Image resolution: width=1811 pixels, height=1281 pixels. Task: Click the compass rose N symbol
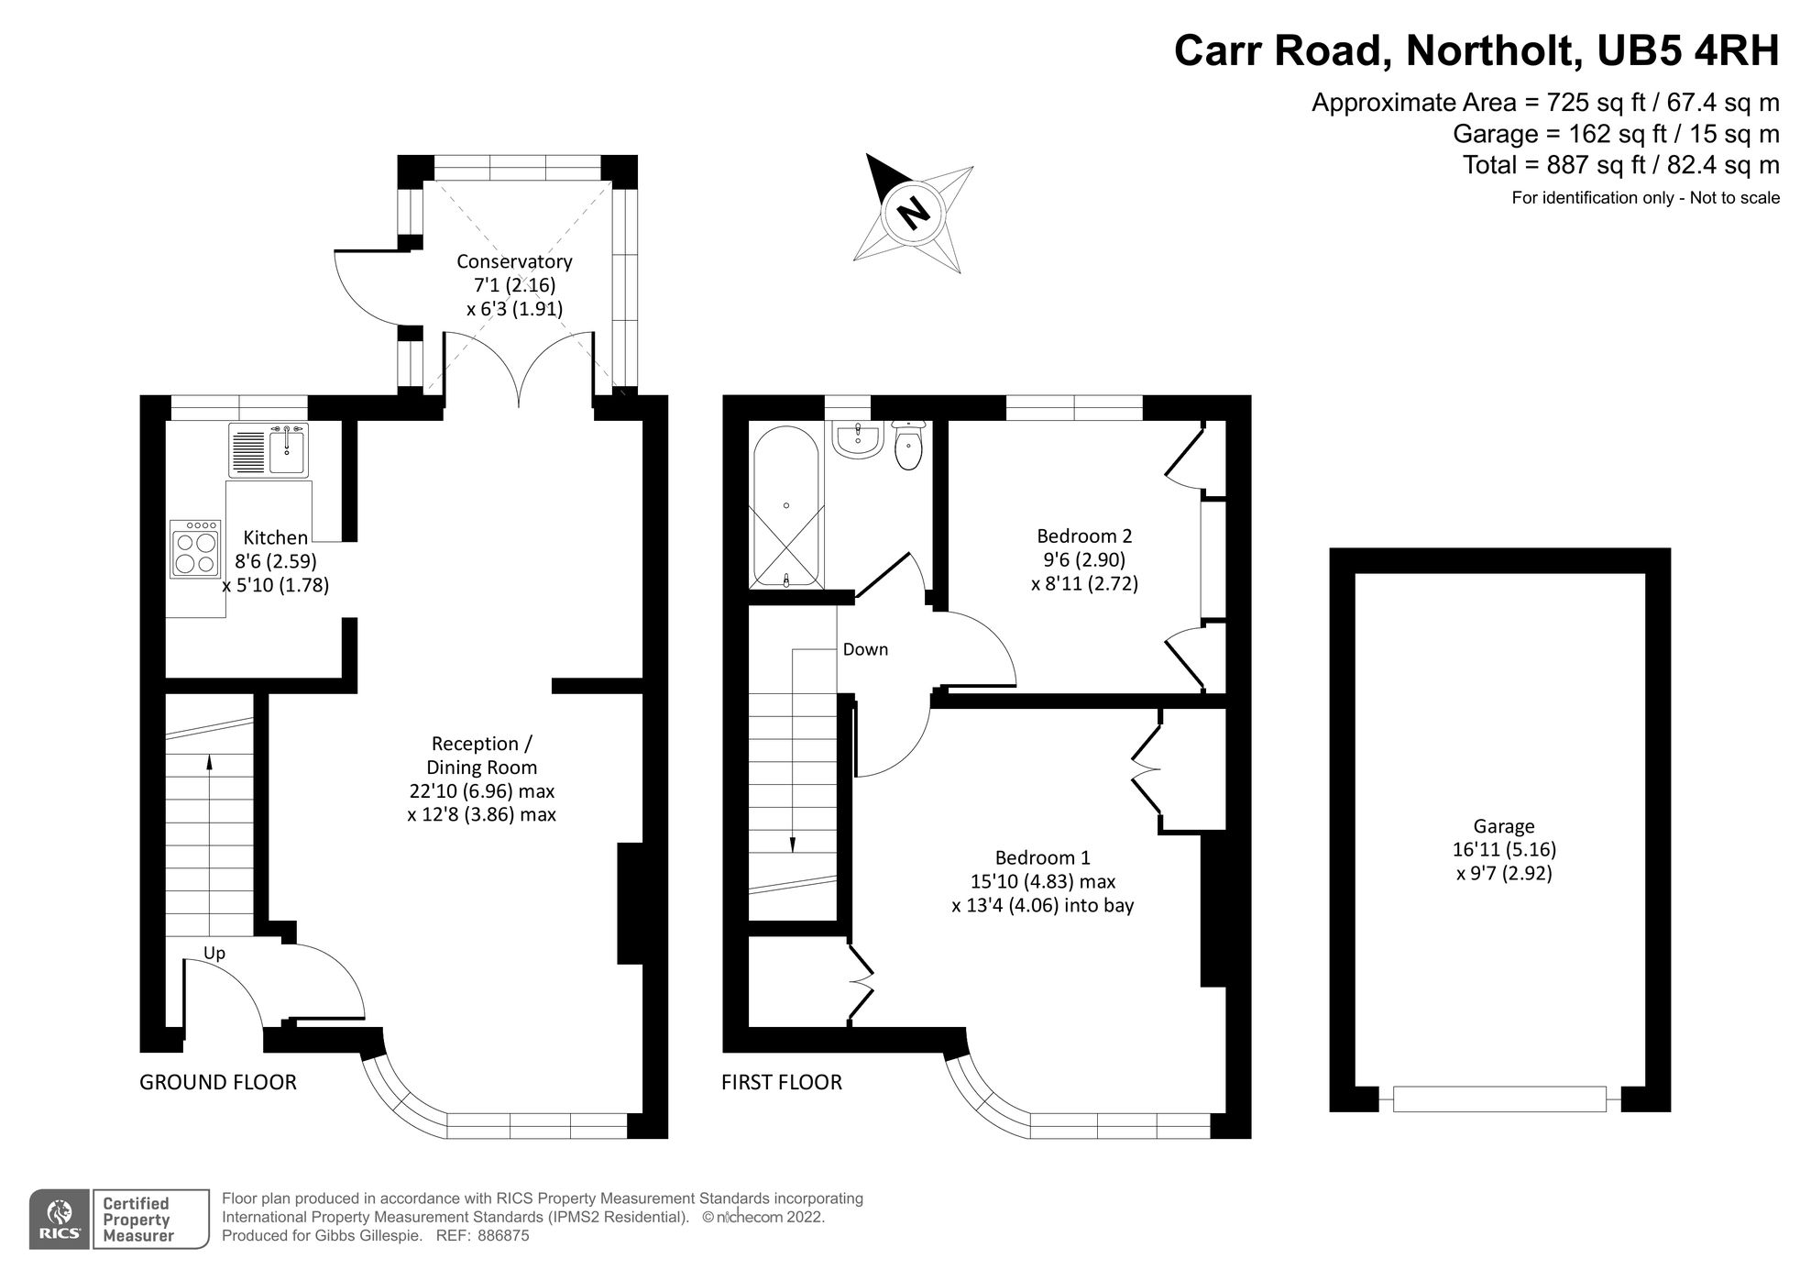click(913, 214)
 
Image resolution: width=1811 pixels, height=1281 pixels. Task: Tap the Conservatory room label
click(514, 262)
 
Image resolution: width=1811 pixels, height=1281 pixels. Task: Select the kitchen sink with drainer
click(269, 449)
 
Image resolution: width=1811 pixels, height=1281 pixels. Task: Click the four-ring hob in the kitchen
click(195, 549)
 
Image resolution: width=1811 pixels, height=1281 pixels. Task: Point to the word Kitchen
click(275, 538)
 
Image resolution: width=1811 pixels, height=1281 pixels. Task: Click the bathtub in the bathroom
click(785, 509)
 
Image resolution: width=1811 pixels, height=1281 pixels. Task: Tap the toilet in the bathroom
click(907, 447)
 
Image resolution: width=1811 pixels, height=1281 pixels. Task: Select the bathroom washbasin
click(857, 439)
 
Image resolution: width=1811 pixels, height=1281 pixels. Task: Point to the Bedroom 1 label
click(1043, 858)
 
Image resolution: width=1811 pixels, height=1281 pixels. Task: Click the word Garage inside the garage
click(1504, 826)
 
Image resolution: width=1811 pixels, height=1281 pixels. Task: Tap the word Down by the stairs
click(865, 649)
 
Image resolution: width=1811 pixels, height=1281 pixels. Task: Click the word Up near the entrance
click(214, 954)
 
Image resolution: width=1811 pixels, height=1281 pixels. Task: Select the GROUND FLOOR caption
click(218, 1083)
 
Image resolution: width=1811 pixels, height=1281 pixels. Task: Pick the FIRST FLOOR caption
click(782, 1083)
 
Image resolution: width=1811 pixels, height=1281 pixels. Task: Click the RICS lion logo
click(60, 1219)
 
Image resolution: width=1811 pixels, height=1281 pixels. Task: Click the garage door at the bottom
click(1499, 1099)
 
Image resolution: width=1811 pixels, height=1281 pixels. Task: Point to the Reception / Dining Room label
click(481, 756)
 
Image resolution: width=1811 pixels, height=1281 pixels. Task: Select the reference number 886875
click(502, 1236)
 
